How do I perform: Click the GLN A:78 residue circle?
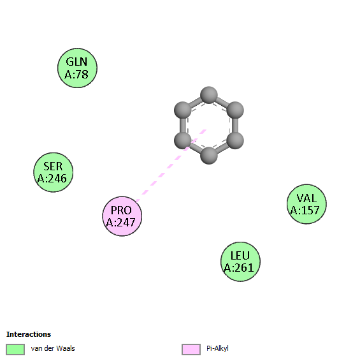click(77, 68)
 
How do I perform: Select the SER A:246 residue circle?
click(54, 172)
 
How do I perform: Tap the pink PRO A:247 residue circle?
click(122, 216)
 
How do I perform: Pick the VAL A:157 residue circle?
click(306, 204)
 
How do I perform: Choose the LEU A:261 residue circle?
click(240, 262)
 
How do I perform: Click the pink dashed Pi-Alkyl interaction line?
click(171, 166)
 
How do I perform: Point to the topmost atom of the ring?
click(209, 95)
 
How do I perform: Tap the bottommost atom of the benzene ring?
click(209, 156)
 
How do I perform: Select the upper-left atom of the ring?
click(183, 110)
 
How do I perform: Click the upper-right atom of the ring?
click(235, 110)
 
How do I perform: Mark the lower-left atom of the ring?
click(183, 140)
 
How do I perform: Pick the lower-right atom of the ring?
click(235, 140)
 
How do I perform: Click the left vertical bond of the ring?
click(183, 125)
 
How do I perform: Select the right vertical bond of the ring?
click(235, 125)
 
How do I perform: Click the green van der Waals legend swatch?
click(15, 350)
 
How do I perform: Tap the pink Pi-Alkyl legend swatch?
click(191, 350)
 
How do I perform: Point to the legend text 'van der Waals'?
click(53, 348)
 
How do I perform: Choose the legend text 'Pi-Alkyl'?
click(217, 349)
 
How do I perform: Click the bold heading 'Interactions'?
click(29, 334)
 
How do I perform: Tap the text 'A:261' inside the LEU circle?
click(239, 267)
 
